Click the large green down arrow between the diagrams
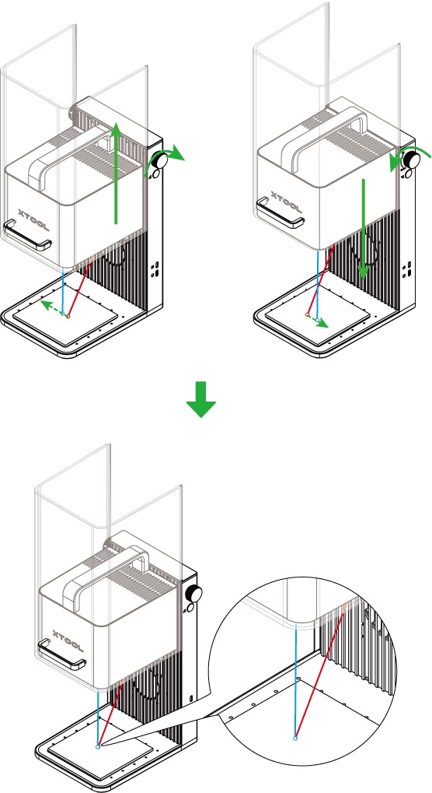point(201,399)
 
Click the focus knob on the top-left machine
point(161,161)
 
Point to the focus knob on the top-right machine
point(413,160)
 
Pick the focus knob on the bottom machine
point(194,593)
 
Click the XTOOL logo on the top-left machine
point(34,220)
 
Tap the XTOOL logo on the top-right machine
point(287,202)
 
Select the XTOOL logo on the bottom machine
point(68,641)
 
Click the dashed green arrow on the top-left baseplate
point(52,308)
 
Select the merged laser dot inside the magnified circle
point(295,739)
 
